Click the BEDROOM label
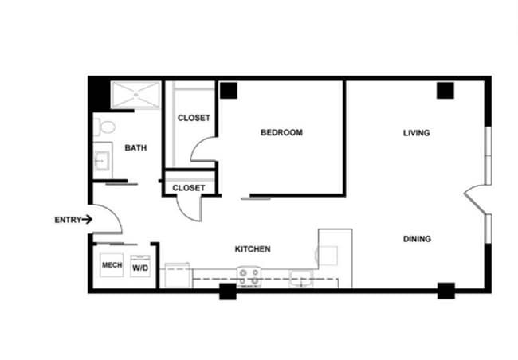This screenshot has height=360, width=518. click(x=281, y=132)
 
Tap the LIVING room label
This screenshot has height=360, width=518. click(x=416, y=132)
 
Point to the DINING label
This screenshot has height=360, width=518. click(x=417, y=238)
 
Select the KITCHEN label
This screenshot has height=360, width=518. click(x=252, y=249)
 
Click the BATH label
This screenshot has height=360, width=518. click(x=135, y=147)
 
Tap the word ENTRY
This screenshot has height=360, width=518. click(x=68, y=220)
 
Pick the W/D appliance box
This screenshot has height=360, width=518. click(x=140, y=267)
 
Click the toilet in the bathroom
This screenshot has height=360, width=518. click(x=104, y=126)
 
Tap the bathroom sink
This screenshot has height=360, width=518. click(x=101, y=162)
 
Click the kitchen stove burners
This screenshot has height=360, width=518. click(x=249, y=276)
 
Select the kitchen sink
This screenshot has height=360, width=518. click(x=300, y=278)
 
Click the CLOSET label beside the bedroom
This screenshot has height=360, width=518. click(x=194, y=118)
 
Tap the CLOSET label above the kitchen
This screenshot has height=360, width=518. click(x=189, y=188)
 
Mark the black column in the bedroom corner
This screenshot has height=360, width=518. click(x=230, y=91)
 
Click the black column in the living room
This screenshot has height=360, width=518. click(x=445, y=90)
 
